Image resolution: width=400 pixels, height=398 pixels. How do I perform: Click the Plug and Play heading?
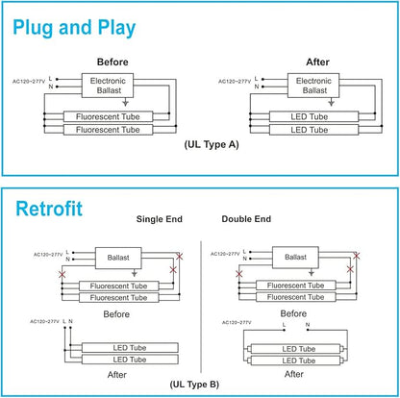[74, 28]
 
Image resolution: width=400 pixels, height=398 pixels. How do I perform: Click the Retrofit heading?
[49, 209]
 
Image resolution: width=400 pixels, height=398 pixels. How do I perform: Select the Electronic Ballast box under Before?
[108, 86]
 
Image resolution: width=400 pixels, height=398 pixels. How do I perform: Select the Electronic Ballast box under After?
[313, 86]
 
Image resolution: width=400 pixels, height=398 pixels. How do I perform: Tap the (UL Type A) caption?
[212, 144]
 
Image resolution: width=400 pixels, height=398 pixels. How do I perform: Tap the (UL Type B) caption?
[194, 385]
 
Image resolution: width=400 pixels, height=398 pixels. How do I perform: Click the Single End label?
[160, 219]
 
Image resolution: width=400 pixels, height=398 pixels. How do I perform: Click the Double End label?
[246, 219]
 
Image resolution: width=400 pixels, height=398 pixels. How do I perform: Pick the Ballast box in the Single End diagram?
[118, 258]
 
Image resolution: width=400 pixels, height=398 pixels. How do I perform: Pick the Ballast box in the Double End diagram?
[295, 257]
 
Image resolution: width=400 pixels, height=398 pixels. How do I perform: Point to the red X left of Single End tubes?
[62, 274]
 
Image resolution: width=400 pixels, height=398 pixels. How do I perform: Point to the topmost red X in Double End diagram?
[357, 256]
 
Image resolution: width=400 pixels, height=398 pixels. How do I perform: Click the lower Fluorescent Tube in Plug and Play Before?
[108, 130]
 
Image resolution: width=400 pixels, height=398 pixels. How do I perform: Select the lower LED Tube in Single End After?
[130, 360]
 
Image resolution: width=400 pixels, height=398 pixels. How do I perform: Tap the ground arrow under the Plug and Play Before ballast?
[126, 102]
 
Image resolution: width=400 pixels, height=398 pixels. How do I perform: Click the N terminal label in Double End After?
[308, 325]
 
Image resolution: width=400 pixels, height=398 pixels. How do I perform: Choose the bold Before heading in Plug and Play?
[112, 62]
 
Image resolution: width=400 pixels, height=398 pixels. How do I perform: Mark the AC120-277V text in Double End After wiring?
[237, 322]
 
